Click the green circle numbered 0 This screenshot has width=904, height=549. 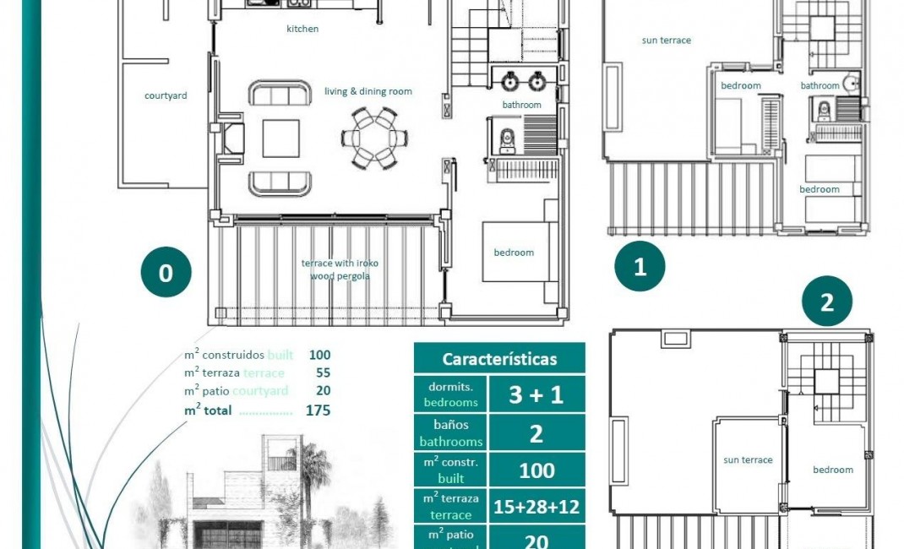(166, 273)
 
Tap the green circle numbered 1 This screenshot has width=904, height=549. (640, 268)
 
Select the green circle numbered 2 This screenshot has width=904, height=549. (826, 302)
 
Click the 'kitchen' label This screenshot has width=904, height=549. (302, 29)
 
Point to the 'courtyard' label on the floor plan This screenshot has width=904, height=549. (166, 95)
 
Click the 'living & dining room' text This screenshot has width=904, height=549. (368, 91)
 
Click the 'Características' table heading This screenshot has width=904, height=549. (499, 359)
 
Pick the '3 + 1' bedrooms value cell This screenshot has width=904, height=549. (536, 394)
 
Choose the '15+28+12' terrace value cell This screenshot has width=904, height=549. (536, 508)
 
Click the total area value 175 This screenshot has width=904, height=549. (319, 410)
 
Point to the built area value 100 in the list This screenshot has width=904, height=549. (319, 355)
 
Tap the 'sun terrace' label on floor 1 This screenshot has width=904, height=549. (666, 40)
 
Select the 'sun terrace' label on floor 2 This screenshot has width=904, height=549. (748, 460)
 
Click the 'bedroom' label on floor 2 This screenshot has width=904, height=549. (832, 470)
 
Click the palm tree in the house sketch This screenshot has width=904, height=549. (313, 473)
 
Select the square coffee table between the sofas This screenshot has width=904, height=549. (280, 139)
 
